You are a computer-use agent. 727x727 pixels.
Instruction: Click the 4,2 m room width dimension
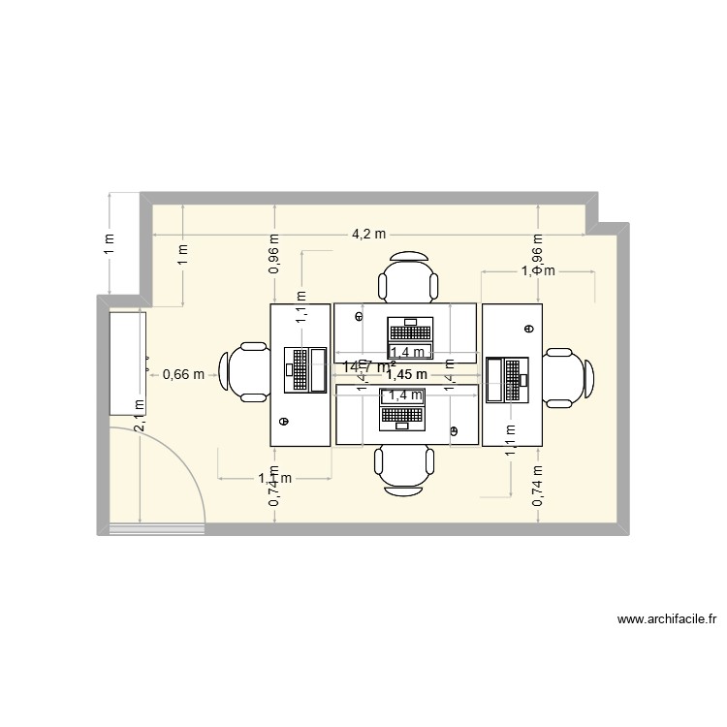367,235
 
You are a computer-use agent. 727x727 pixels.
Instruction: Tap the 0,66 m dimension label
183,373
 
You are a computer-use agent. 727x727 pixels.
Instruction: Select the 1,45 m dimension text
406,374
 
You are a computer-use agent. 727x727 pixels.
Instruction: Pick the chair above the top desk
407,277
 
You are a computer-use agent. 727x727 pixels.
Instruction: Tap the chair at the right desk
567,375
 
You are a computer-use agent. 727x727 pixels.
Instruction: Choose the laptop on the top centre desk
406,331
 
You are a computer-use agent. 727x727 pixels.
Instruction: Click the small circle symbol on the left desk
284,421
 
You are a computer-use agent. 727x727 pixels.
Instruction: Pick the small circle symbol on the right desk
529,328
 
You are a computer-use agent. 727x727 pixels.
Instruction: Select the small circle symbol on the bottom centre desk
453,428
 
